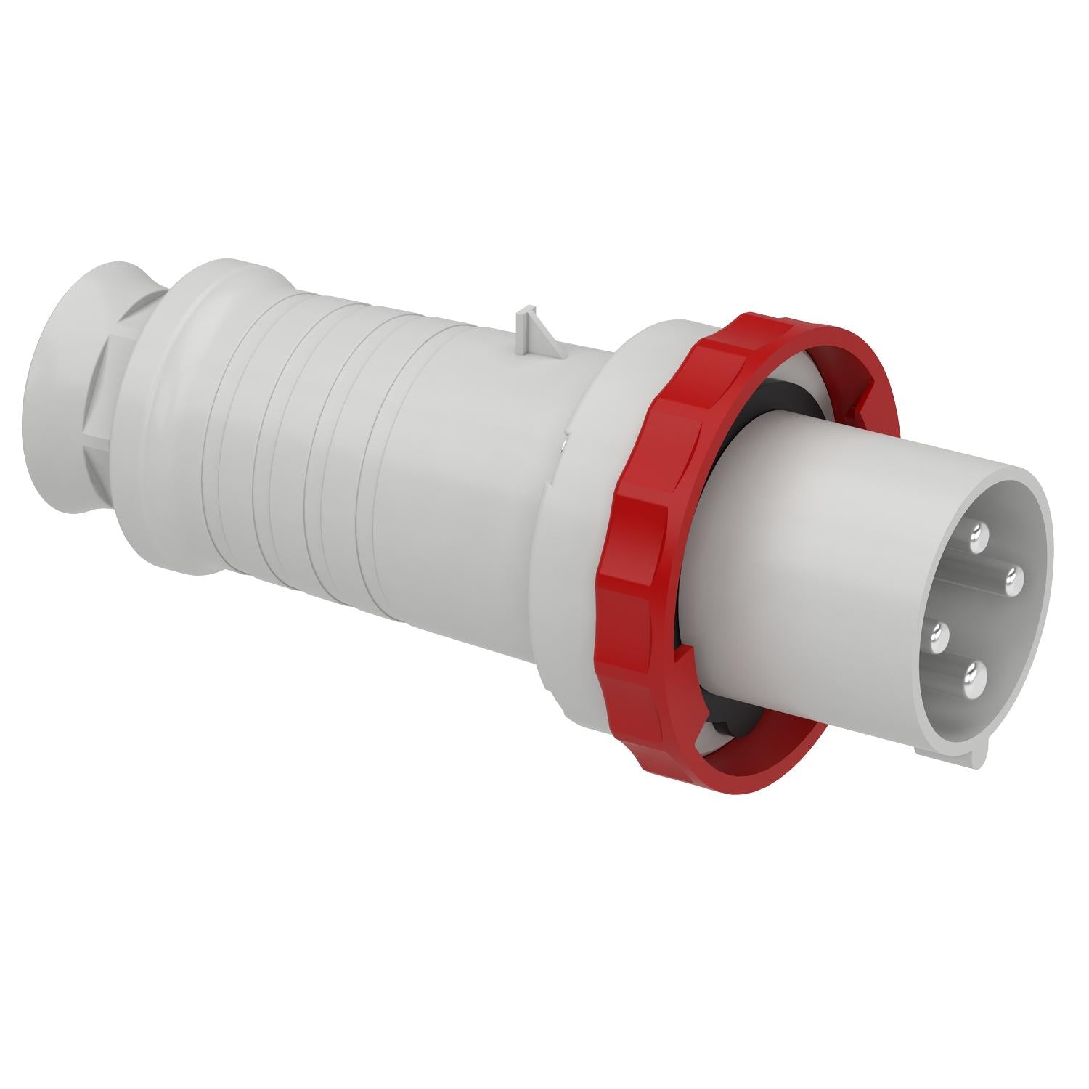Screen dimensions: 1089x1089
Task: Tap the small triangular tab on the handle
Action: click(529, 327)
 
